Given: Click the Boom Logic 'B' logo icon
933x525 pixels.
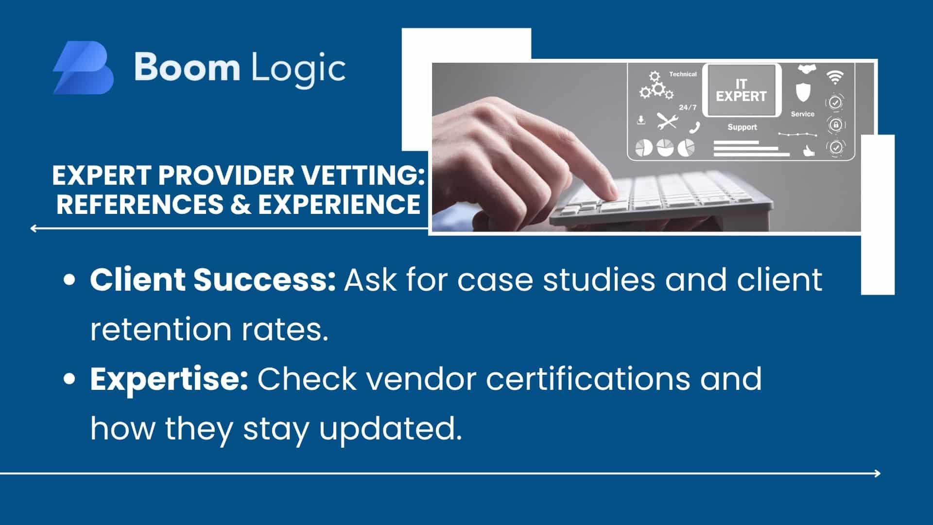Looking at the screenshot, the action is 84,68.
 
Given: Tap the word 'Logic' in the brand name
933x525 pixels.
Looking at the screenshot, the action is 298,68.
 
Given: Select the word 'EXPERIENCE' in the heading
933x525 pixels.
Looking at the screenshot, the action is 339,204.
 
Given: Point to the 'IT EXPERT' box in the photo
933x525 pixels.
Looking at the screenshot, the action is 741,90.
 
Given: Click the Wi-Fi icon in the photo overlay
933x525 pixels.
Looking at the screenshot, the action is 834,76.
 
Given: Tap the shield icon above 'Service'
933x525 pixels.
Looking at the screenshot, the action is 803,92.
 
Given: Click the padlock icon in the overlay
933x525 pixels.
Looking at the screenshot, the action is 836,125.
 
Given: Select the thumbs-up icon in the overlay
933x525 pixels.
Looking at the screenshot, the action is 808,151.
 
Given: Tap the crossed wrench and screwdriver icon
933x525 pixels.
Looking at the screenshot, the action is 667,121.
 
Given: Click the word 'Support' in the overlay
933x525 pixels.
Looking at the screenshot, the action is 742,127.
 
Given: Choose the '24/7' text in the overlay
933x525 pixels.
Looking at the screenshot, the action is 688,107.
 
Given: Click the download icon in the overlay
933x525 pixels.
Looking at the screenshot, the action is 641,120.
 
